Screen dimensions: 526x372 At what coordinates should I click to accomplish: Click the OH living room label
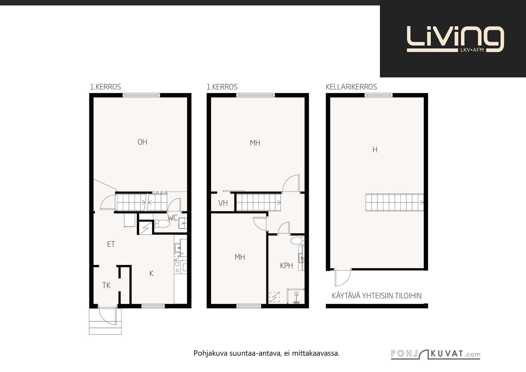(142, 142)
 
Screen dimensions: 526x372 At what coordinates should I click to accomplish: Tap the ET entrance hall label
(111, 244)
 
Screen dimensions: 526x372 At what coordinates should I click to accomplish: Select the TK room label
(106, 285)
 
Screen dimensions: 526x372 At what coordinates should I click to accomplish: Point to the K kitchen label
(152, 273)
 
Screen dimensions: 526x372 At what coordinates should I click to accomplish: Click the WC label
(172, 218)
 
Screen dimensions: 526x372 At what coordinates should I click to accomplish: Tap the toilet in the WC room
(162, 224)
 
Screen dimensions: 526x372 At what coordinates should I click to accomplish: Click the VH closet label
(223, 203)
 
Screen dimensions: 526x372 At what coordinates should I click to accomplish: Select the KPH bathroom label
(286, 266)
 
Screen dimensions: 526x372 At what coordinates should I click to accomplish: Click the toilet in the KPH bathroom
(298, 241)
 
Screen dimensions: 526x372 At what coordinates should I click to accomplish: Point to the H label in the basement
(375, 150)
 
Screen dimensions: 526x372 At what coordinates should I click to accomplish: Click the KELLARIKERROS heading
(351, 87)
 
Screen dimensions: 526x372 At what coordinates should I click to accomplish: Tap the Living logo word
(455, 39)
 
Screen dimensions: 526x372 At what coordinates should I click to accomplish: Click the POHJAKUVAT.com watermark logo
(436, 354)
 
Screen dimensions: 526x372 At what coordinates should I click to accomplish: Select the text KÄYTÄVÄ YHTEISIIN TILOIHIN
(377, 296)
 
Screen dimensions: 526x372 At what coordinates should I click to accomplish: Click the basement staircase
(395, 202)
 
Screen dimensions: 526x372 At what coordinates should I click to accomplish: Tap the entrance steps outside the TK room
(105, 321)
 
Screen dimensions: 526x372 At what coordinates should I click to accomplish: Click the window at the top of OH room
(141, 95)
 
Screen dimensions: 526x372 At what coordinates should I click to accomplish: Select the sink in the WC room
(183, 223)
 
